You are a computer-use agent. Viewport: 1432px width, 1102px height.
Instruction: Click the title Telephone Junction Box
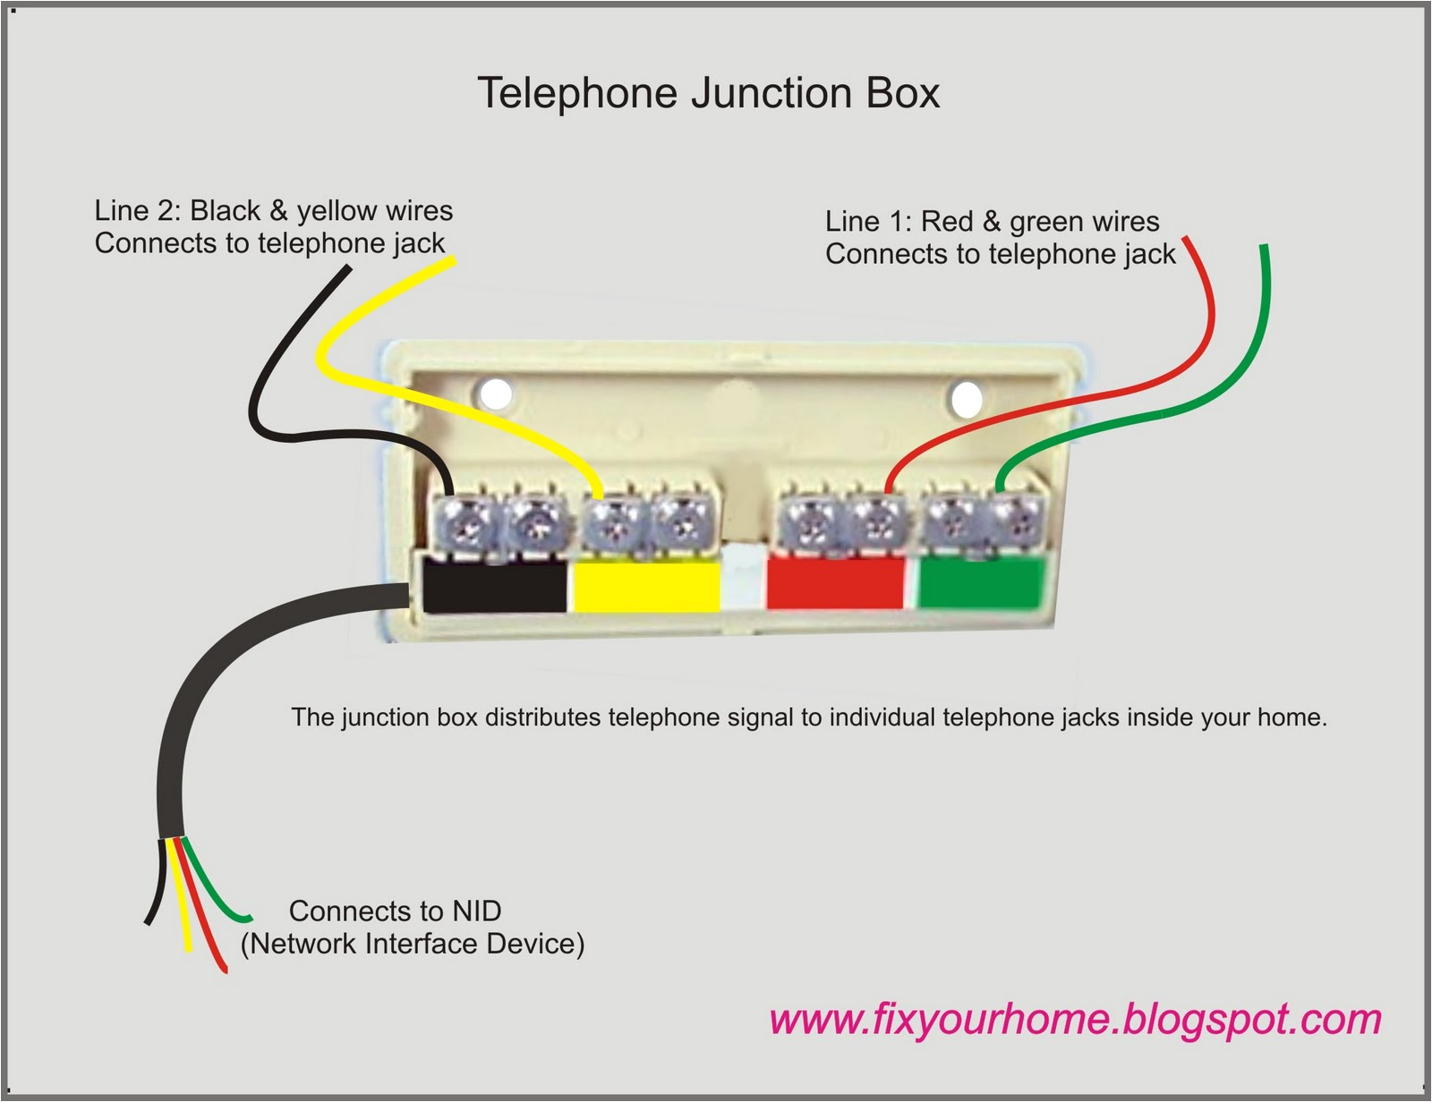click(x=708, y=93)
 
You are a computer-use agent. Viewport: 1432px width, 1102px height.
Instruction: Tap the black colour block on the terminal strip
click(x=494, y=586)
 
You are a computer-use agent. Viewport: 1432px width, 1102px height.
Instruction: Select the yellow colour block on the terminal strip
click(x=646, y=586)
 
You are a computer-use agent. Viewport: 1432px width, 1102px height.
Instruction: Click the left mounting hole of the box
click(x=495, y=394)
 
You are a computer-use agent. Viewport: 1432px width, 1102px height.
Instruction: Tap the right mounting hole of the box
click(x=967, y=399)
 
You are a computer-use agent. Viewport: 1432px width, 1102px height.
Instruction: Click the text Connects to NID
click(x=395, y=911)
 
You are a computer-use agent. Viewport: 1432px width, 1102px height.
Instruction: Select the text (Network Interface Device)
click(x=412, y=944)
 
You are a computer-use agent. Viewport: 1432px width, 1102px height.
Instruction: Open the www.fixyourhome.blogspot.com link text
click(x=1075, y=1019)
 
